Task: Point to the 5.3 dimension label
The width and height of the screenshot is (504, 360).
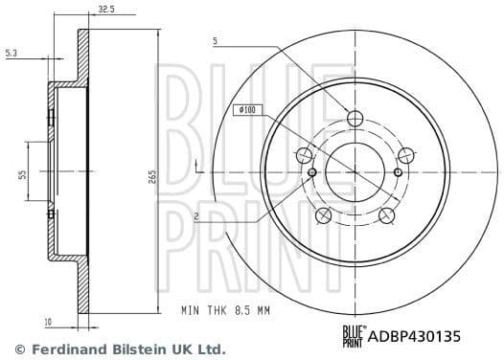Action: [x=11, y=55]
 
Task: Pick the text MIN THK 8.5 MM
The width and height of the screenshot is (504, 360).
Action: [x=227, y=310]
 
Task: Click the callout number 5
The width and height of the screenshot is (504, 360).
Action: [x=215, y=41]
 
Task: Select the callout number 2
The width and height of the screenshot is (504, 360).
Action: [x=195, y=217]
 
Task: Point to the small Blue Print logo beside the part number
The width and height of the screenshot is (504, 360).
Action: [x=354, y=335]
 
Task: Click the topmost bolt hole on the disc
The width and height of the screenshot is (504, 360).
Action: [x=355, y=118]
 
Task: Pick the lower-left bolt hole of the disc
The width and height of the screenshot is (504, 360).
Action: [x=324, y=214]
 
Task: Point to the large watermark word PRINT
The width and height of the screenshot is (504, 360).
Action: [x=254, y=230]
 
